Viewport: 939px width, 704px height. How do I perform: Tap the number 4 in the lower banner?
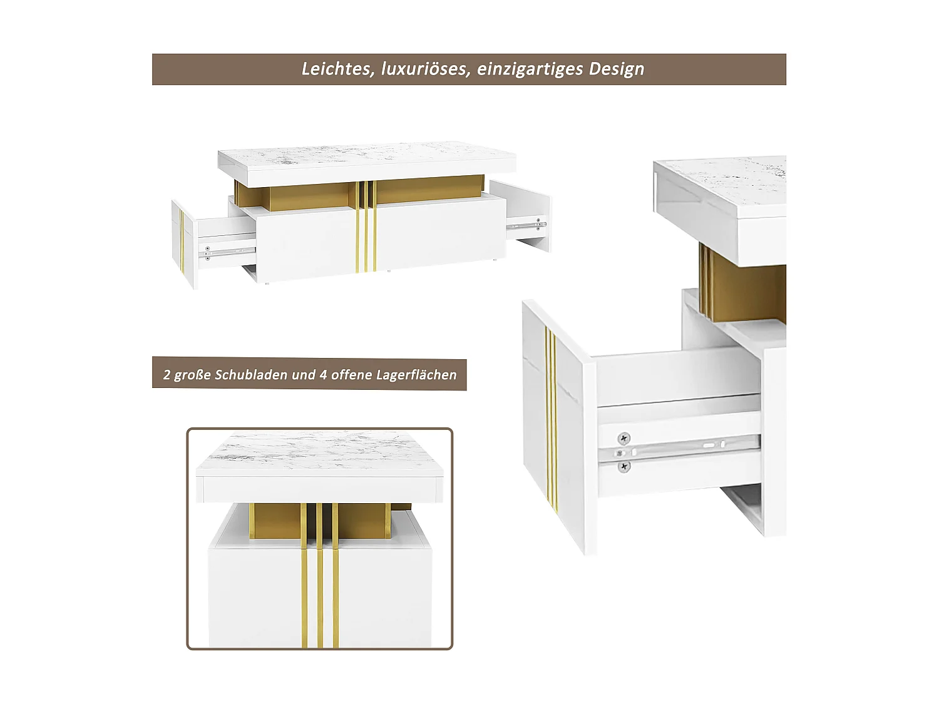(x=323, y=375)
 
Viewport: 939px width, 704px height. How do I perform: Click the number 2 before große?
(x=167, y=375)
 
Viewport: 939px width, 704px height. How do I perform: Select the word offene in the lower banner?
(x=351, y=375)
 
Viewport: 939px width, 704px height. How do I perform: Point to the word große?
(x=193, y=375)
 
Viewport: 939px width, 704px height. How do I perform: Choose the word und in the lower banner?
(x=304, y=375)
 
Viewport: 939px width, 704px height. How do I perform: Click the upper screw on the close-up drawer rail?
(x=623, y=438)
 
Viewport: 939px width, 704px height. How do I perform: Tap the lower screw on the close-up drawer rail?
(x=623, y=466)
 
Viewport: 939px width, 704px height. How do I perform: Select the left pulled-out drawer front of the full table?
(x=183, y=244)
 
